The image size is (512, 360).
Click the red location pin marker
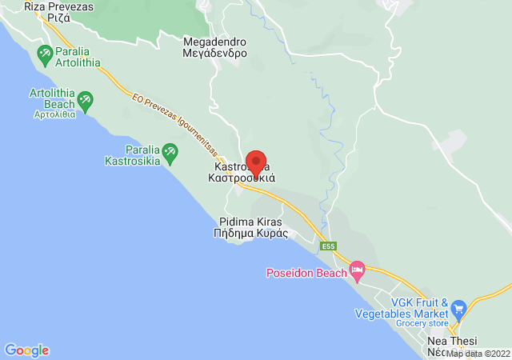tap(256, 164)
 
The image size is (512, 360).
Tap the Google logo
tap(26, 350)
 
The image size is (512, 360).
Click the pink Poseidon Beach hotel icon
tap(358, 271)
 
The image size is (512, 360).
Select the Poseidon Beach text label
tap(307, 273)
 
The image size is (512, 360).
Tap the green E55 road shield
tap(328, 246)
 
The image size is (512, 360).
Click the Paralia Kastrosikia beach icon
tap(170, 151)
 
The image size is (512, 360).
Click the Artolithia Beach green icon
tap(85, 101)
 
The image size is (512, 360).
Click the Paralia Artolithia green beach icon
tap(45, 55)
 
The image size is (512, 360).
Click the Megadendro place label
tap(215, 47)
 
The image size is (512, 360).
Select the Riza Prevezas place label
tap(58, 12)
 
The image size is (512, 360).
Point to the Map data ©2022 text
tap(478, 353)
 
